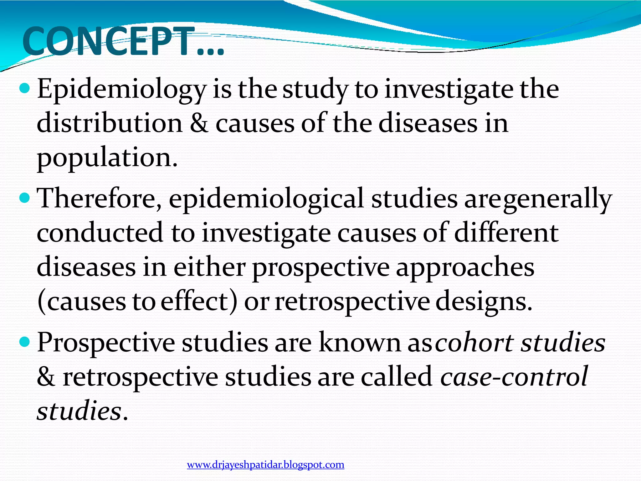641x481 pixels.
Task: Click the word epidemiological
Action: pyautogui.click(x=266, y=199)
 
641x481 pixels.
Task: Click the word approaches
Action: pyautogui.click(x=465, y=268)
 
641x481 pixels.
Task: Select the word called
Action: pyautogui.click(x=397, y=377)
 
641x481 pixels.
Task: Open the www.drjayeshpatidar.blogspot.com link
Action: pyautogui.click(x=265, y=465)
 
